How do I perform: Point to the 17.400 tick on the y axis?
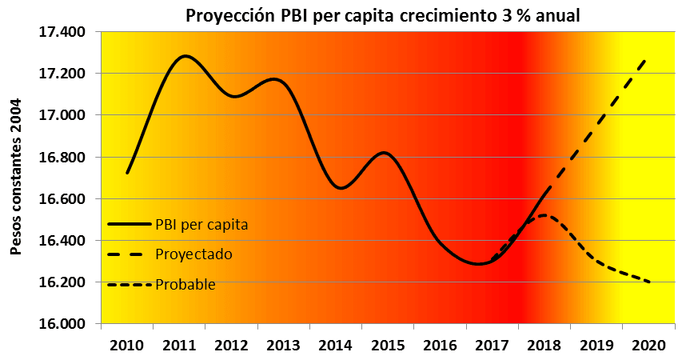[63, 32]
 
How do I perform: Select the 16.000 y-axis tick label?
[63, 324]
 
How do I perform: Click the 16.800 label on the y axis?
[63, 157]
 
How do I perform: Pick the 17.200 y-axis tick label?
[63, 74]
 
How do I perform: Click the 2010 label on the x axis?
[126, 346]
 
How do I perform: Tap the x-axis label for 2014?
[335, 346]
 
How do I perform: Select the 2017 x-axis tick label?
[492, 346]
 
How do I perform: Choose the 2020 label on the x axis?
[648, 346]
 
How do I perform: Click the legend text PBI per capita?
[202, 224]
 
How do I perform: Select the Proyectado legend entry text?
[195, 254]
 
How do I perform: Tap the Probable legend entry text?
[185, 284]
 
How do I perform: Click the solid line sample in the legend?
[128, 224]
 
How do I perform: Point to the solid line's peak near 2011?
[185, 56]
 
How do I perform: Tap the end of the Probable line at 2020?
[648, 282]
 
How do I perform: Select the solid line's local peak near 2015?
[385, 152]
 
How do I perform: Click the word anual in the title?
[559, 15]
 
